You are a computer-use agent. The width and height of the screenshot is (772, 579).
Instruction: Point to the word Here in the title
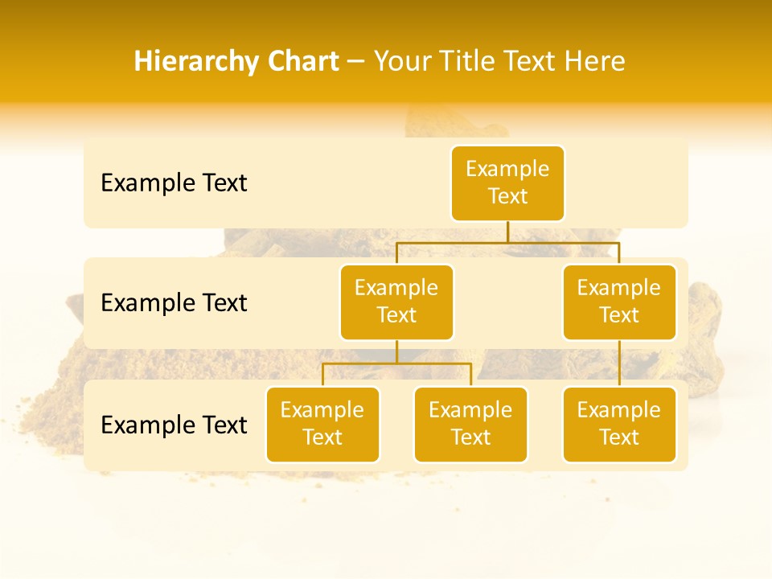pos(593,61)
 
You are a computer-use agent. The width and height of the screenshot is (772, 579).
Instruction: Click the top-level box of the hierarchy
pos(507,183)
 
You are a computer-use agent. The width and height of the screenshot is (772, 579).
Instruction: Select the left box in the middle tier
pos(396,302)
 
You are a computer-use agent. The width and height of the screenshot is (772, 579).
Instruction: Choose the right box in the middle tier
pos(619,302)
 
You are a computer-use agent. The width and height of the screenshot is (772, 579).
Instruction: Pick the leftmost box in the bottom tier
pos(322,424)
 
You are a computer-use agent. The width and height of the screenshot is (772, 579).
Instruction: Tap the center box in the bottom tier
pos(470,424)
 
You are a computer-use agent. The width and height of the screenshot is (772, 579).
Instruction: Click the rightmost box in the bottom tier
pos(619,424)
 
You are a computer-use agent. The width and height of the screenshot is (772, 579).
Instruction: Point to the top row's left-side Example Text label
pos(174,183)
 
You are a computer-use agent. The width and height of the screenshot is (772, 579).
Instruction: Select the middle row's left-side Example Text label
pos(174,303)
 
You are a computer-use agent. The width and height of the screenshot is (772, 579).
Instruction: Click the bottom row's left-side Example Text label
pos(174,425)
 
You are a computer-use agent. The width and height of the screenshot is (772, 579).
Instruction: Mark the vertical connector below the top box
pos(507,232)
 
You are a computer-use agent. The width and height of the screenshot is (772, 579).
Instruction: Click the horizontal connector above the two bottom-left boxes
pos(396,363)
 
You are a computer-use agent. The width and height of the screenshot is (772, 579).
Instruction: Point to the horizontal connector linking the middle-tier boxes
pos(507,241)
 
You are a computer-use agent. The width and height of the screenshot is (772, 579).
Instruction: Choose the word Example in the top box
pos(507,169)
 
